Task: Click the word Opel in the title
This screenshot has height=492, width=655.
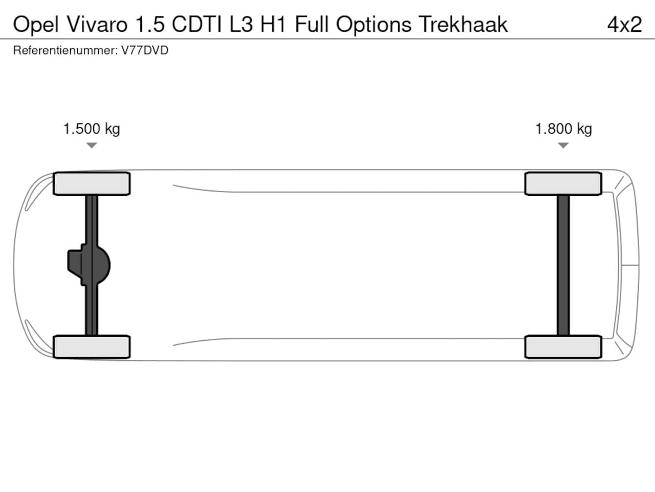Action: coord(36,25)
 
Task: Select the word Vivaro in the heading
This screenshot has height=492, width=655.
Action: coord(97,24)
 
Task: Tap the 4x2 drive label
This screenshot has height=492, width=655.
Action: coord(624,25)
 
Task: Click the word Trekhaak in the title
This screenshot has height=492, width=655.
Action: coord(463,24)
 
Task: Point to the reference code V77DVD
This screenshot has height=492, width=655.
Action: coord(145,50)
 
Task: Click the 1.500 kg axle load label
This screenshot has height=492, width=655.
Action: coord(92,129)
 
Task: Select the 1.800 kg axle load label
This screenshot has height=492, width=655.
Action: coord(563,129)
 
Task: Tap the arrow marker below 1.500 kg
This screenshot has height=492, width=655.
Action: coord(92,145)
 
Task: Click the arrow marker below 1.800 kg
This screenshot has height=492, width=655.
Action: coord(563,145)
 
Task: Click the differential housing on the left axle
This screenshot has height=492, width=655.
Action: coord(89,265)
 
